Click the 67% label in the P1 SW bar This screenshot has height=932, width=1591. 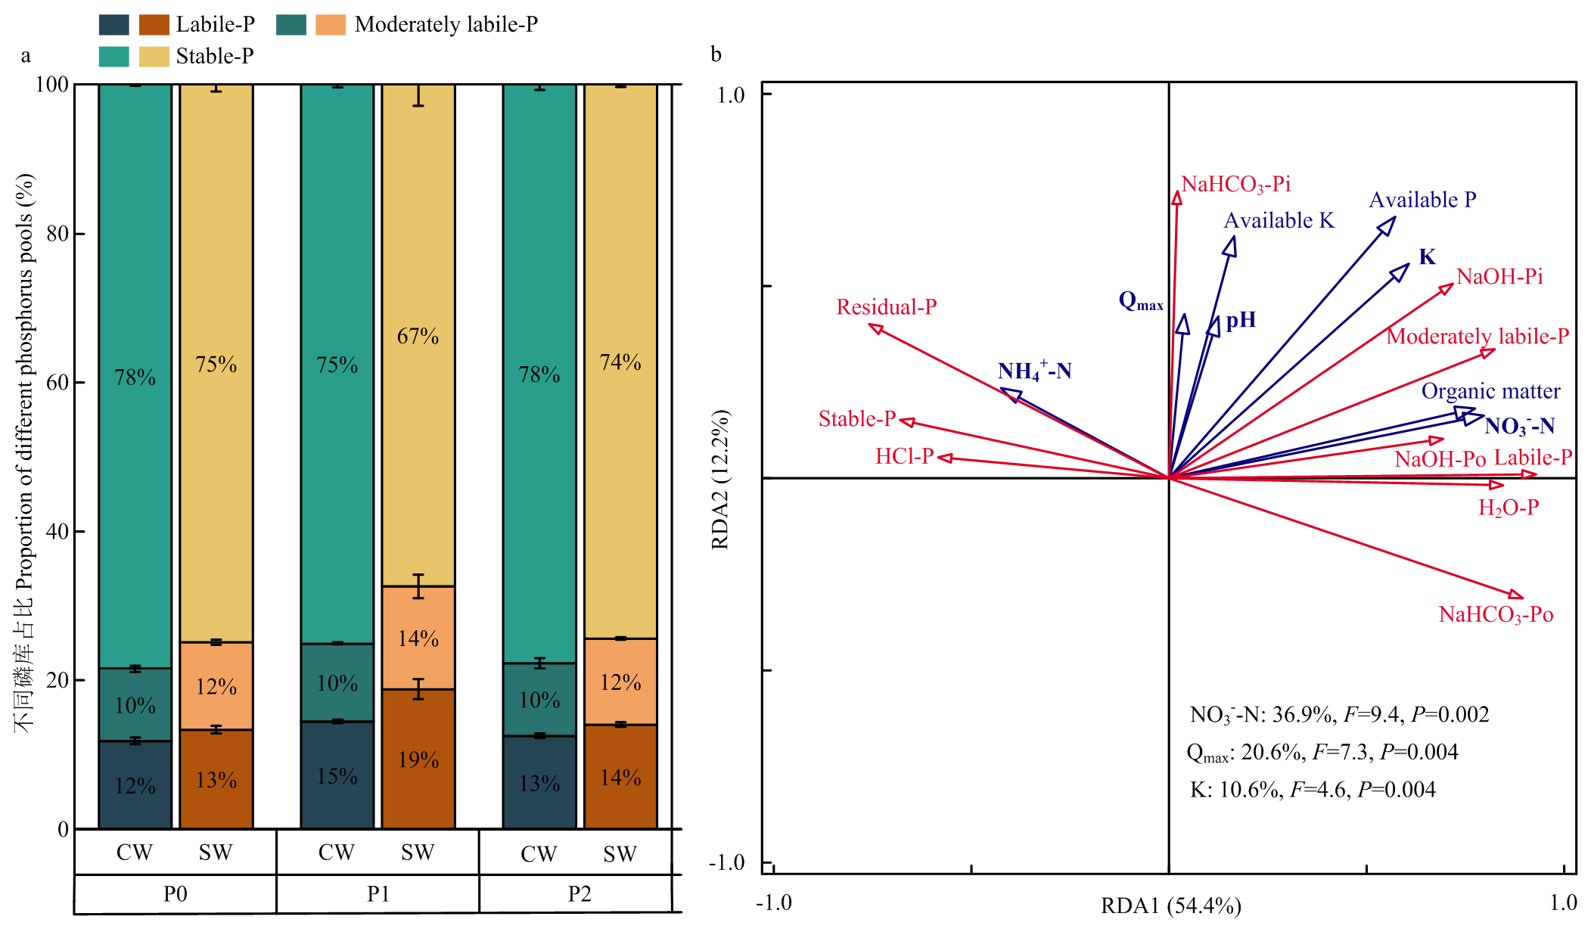418,336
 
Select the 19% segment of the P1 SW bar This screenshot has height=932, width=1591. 418,759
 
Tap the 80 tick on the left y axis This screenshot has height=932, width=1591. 57,234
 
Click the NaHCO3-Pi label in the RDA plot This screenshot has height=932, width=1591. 1235,185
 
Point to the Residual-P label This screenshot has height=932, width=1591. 886,307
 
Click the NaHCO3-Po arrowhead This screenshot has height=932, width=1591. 1516,595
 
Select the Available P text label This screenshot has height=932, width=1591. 1422,200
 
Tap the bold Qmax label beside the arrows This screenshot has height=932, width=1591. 1140,301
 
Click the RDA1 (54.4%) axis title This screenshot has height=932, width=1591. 1170,905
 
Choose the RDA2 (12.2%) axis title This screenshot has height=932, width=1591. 720,480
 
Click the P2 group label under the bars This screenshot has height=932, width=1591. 579,894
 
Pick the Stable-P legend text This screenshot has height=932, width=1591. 215,56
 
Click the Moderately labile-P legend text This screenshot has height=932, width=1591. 446,25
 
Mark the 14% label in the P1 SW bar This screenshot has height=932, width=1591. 418,638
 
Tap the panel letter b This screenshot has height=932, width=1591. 716,54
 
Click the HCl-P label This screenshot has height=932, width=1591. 904,456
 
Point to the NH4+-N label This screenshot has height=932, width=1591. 1034,371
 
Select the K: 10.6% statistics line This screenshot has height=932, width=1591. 1312,790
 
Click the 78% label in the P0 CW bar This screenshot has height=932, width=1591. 135,377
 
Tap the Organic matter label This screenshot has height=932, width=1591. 1490,391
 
